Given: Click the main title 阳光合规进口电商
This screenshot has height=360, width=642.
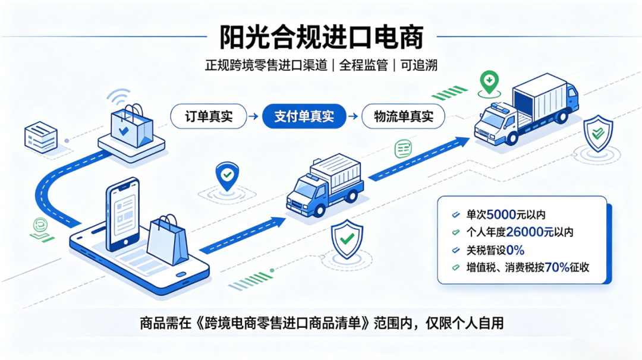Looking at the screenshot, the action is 322,37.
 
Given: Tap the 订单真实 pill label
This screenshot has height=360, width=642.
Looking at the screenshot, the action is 209,116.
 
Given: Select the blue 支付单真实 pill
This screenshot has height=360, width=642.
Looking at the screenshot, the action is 304,116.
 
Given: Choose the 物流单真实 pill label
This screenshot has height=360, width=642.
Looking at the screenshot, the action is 403,116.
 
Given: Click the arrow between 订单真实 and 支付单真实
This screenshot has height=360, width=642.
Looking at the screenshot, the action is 254,116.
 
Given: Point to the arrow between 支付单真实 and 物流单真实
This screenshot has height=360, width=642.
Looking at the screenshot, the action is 353,116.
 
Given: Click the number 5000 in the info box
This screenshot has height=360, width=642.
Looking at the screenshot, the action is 501,214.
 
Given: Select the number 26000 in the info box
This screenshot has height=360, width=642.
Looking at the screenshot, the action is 524,232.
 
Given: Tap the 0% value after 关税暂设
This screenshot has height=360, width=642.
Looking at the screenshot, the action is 515,250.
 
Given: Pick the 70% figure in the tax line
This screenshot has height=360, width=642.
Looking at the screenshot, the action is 556,267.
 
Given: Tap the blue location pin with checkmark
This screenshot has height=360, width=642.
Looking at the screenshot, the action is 227,176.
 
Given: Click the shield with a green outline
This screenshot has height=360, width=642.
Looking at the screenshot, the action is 598,133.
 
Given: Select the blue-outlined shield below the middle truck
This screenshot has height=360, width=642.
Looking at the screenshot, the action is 347,239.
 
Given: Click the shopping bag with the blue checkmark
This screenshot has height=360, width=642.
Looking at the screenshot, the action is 131,125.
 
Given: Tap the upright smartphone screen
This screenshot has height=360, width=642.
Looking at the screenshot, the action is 123,214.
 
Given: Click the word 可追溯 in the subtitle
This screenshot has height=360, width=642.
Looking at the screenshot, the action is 419,65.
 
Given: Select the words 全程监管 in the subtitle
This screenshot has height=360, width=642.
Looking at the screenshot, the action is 364,65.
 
